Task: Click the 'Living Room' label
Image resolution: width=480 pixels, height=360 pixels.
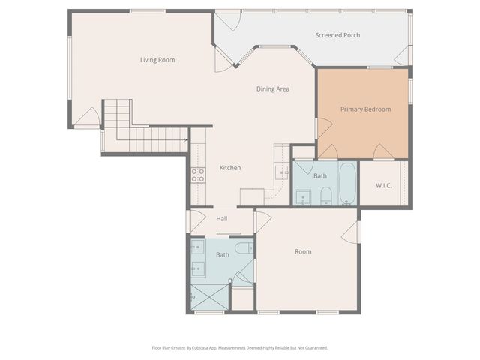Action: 157,60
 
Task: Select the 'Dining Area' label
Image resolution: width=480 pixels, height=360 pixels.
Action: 273,89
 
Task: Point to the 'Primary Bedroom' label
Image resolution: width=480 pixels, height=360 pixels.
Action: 365,109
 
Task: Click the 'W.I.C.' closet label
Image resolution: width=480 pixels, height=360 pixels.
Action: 384,184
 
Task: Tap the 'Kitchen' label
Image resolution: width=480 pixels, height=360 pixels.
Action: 230,168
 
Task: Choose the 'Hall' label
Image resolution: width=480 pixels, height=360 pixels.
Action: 222,219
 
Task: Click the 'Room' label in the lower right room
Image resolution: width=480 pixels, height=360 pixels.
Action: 302,251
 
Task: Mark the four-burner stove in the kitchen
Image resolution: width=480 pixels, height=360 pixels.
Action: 198,175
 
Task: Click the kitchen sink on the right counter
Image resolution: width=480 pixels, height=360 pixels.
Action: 283,173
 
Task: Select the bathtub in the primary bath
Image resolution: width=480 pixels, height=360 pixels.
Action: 347,184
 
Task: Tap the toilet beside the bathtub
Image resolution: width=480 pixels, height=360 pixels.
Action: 326,196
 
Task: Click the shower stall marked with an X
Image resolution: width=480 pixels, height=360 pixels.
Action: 208,298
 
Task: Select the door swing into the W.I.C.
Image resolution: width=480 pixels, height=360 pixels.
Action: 383,152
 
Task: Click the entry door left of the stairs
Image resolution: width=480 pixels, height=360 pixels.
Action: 88,118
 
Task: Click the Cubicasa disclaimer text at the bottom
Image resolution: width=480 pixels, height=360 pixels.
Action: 240,348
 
